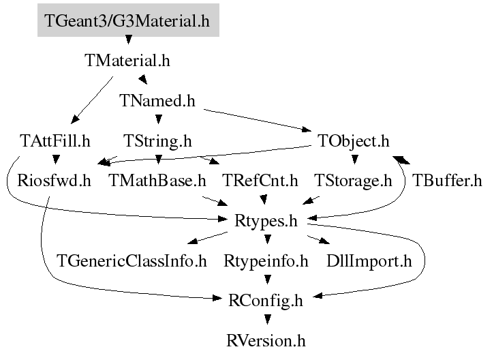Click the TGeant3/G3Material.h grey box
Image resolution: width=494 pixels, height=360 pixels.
click(127, 20)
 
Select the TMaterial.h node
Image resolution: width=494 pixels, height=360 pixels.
click(127, 60)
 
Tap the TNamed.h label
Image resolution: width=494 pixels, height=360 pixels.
click(157, 101)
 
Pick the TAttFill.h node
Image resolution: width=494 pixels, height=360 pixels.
click(56, 141)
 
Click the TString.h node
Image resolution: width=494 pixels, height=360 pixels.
click(157, 141)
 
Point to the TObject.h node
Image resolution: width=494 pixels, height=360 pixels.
click(354, 141)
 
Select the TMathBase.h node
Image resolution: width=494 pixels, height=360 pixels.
click(157, 181)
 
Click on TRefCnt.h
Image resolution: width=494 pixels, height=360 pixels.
click(261, 181)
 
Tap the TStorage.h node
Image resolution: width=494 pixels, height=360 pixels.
click(354, 181)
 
